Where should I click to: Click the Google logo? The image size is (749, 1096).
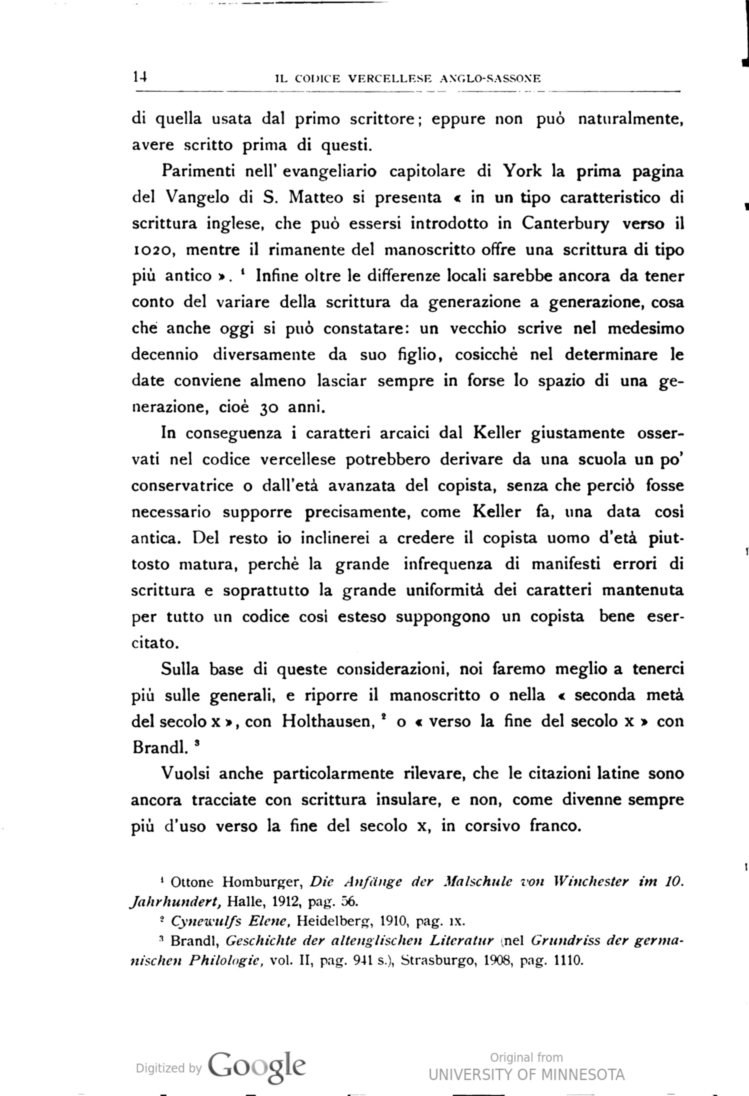tap(257, 1065)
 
